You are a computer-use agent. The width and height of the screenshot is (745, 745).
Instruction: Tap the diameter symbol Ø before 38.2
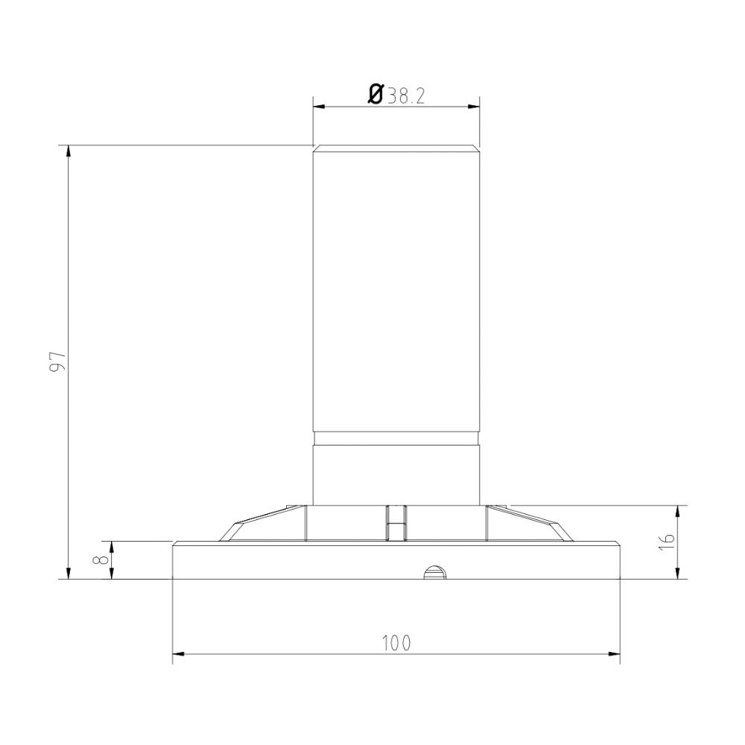tap(376, 94)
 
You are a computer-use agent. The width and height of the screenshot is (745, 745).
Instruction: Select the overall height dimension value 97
tap(59, 361)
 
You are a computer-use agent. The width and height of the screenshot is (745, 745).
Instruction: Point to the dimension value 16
tap(668, 542)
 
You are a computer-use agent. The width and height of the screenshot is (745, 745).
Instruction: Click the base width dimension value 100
tap(396, 643)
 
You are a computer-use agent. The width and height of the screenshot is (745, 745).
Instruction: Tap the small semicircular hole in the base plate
tap(434, 573)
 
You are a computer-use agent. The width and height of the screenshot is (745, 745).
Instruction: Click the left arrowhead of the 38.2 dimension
tap(318, 106)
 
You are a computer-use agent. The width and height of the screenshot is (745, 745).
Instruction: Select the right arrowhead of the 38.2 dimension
tap(473, 106)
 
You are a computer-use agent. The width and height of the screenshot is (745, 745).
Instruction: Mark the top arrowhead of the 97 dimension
tap(69, 150)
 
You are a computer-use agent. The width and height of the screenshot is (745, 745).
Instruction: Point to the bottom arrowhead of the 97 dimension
tap(69, 573)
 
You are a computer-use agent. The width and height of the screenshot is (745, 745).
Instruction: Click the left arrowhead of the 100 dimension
tap(179, 654)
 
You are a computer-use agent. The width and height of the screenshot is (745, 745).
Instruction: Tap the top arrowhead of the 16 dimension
tap(677, 511)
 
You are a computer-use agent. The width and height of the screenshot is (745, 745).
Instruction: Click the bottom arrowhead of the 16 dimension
tap(677, 573)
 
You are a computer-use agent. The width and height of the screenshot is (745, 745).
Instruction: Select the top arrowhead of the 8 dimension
tap(111, 546)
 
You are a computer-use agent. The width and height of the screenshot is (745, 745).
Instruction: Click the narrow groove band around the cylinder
tap(396, 438)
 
